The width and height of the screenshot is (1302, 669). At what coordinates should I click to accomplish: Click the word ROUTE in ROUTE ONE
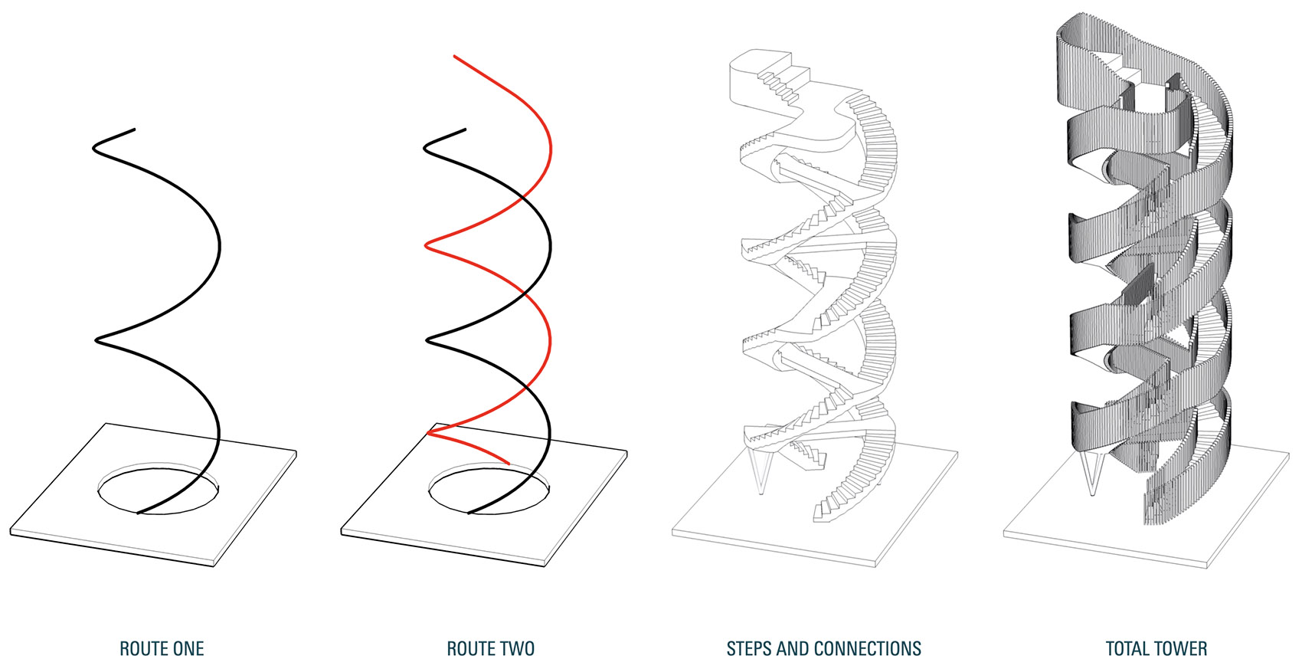[x=142, y=649]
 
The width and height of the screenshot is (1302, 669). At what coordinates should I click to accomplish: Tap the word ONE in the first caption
[x=187, y=649]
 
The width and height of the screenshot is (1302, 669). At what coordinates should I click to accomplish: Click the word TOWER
[x=1183, y=649]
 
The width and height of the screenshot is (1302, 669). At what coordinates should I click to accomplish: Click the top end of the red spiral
[x=455, y=56]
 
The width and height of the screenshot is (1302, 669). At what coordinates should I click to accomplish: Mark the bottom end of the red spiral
[x=509, y=463]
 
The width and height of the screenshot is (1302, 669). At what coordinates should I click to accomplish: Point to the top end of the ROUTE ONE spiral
[x=135, y=130]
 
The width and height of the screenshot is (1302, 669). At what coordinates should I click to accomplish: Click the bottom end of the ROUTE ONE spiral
[x=139, y=513]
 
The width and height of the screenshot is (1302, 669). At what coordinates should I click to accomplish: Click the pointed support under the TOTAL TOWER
[x=1092, y=472]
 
